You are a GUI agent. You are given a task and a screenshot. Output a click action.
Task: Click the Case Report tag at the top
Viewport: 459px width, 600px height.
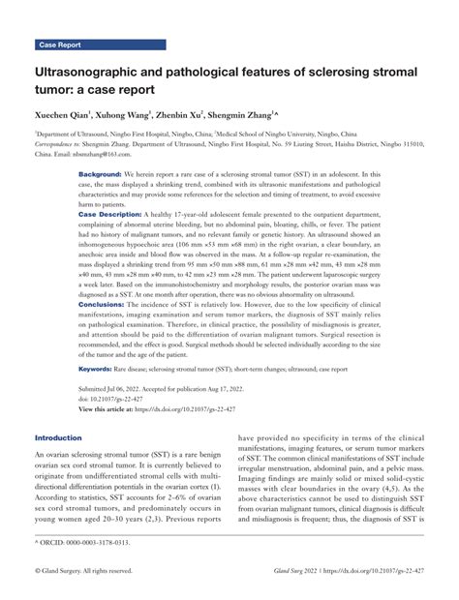pyautogui.click(x=59, y=45)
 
